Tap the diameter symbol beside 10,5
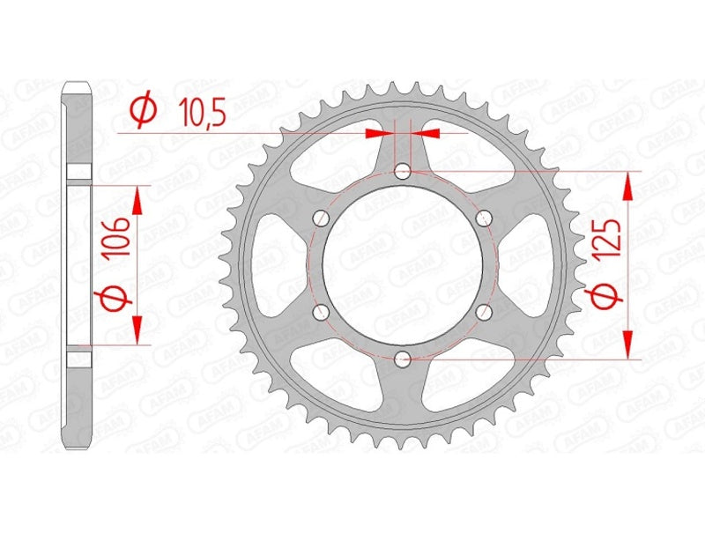point(142,112)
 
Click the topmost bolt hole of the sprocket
point(403,171)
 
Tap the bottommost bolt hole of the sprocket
point(403,358)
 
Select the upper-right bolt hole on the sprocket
point(483,218)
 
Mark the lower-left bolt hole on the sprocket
point(322,311)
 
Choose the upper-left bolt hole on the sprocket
point(322,218)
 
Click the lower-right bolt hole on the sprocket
point(483,311)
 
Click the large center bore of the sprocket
point(403,264)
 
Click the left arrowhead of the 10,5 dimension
point(377,133)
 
